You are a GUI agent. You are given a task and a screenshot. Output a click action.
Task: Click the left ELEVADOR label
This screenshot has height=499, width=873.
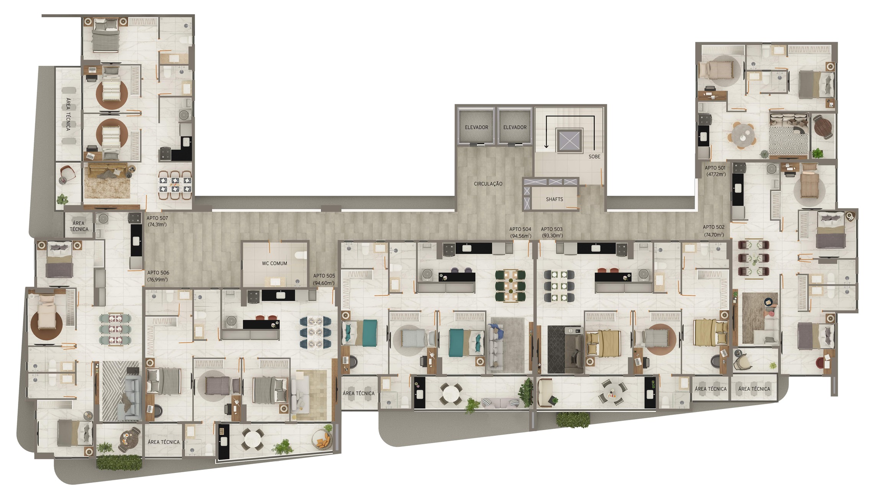tap(476, 127)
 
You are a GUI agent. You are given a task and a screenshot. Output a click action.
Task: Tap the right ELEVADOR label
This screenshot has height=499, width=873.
tap(515, 127)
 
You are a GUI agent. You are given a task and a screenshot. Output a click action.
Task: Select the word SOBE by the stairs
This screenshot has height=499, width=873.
tap(594, 157)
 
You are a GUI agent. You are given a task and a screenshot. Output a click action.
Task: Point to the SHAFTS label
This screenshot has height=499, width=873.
tap(554, 200)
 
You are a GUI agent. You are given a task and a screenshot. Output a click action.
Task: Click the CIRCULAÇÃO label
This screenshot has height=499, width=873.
tap(488, 184)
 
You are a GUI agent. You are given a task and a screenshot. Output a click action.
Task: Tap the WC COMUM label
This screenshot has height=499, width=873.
tap(274, 263)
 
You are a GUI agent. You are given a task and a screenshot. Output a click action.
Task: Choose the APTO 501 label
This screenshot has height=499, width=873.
tap(715, 168)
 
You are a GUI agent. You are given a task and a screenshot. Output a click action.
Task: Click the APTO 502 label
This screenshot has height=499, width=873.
tap(713, 227)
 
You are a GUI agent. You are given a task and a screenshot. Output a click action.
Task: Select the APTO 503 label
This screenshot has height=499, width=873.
tap(551, 229)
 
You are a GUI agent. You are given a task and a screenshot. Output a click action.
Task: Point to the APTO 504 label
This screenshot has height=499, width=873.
tap(520, 229)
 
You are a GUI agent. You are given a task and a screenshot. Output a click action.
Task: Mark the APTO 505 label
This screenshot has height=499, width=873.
tap(324, 276)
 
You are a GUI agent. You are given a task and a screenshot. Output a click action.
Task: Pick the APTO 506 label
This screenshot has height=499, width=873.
tap(158, 273)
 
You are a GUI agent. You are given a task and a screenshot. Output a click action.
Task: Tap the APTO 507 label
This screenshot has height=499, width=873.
tap(157, 218)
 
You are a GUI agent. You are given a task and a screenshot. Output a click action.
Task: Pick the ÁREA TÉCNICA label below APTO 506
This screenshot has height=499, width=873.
tap(163, 442)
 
